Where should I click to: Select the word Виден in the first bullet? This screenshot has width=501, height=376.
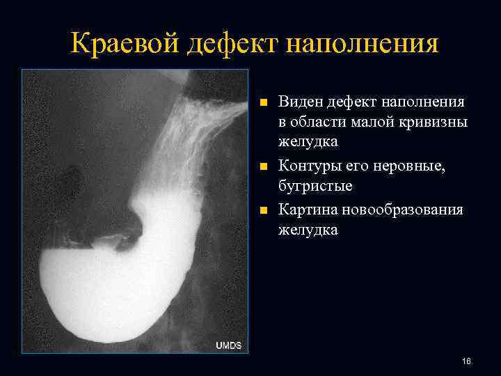(300, 103)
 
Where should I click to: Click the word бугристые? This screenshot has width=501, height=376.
(315, 187)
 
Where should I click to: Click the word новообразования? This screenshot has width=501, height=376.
(405, 210)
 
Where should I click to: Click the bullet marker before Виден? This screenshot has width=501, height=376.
(262, 104)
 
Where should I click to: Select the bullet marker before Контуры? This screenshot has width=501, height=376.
(262, 168)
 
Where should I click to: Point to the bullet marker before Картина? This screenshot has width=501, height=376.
(262, 210)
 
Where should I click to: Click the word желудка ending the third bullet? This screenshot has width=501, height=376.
(308, 229)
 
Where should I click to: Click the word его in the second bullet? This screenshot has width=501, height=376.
(369, 167)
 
